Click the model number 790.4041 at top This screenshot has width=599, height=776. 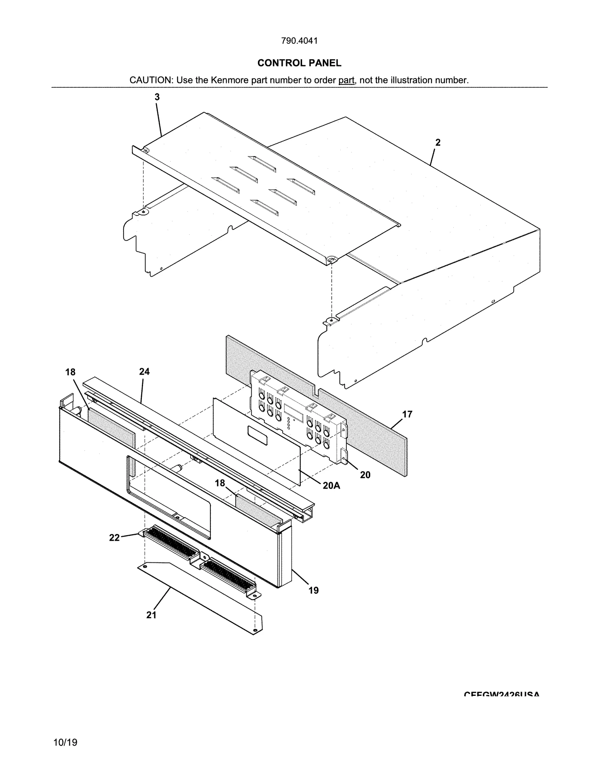coord(299,41)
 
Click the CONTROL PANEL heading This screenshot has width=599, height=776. coord(299,63)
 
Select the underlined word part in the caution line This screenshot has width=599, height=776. coord(346,80)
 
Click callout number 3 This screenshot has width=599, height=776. coord(157,97)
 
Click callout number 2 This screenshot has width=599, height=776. coord(438,142)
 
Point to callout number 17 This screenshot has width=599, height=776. coord(407,414)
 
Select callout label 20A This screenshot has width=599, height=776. coord(331,486)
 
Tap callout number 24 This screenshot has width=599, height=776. coord(144,371)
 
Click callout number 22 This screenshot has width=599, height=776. coord(114,538)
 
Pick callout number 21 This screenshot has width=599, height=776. coord(151,615)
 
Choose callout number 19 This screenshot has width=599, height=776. coord(313,590)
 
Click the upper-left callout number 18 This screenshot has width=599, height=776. coord(70,372)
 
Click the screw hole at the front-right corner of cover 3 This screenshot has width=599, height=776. coord(331,259)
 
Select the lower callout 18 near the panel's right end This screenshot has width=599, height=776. coord(220,483)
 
